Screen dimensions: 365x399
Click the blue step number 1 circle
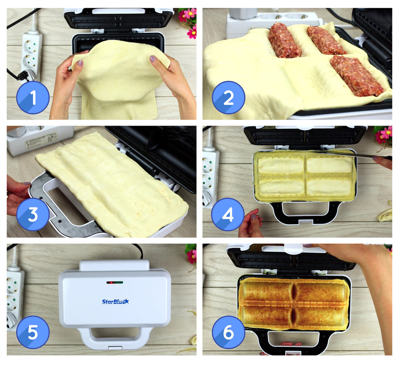(x=33, y=97)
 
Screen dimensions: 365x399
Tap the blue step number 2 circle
(x=228, y=97)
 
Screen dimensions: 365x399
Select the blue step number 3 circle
(x=33, y=215)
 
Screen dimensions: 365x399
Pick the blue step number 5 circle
(x=33, y=332)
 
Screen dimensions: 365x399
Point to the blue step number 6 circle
(x=228, y=332)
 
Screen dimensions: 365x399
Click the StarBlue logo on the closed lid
(x=115, y=301)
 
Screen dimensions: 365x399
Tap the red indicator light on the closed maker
(x=110, y=282)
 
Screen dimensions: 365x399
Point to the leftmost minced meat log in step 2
(x=284, y=40)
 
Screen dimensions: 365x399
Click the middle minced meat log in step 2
(x=326, y=40)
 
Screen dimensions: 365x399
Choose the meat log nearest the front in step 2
(x=356, y=76)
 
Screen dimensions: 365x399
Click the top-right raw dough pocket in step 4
(x=329, y=165)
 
